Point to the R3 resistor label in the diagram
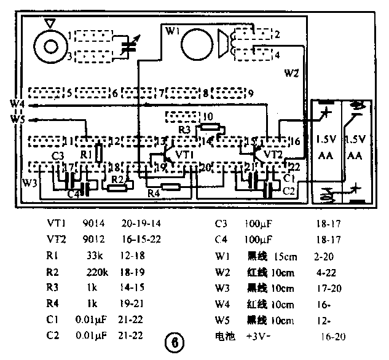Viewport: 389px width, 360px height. pos(186,129)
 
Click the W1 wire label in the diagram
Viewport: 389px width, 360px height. pos(173,29)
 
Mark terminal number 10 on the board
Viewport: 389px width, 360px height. pos(207,115)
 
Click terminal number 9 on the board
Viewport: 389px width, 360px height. pos(250,93)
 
